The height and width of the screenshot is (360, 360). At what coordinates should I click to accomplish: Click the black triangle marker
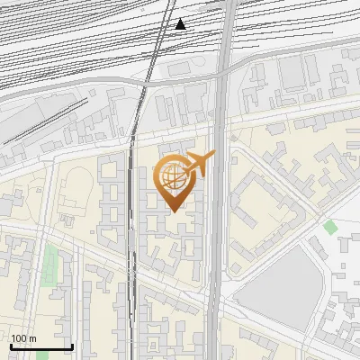(181, 23)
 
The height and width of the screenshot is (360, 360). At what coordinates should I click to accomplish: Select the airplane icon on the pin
(200, 163)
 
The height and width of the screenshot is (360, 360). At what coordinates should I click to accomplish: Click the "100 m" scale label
(24, 338)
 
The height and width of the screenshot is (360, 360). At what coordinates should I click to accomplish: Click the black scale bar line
(40, 346)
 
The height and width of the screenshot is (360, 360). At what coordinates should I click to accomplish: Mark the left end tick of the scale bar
(10, 345)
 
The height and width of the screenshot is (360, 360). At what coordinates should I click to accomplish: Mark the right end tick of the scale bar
(72, 345)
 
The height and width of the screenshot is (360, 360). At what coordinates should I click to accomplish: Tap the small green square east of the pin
(330, 227)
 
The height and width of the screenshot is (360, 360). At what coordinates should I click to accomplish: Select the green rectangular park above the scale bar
(49, 266)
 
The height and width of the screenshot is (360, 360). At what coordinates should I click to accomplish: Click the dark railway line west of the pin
(135, 225)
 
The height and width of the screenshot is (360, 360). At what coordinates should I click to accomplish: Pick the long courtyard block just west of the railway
(112, 202)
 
